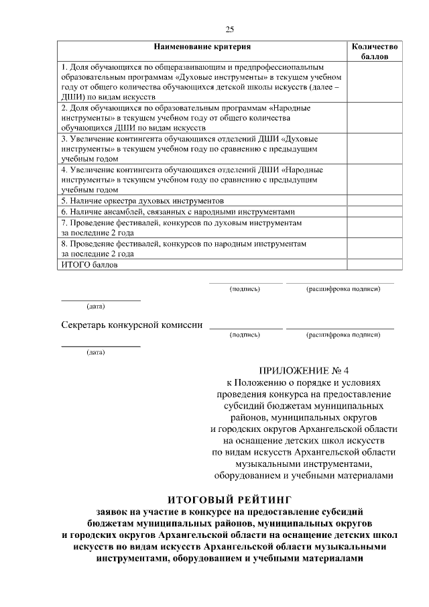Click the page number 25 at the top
click(x=229, y=29)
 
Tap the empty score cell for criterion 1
click(x=375, y=82)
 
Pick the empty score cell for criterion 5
click(x=375, y=200)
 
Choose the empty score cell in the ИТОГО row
click(x=375, y=265)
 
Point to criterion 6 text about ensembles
click(x=178, y=210)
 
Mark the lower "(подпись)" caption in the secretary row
click(x=245, y=333)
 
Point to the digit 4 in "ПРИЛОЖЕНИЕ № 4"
click(x=347, y=370)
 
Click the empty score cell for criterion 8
click(x=375, y=249)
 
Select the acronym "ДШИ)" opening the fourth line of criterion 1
click(x=73, y=97)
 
